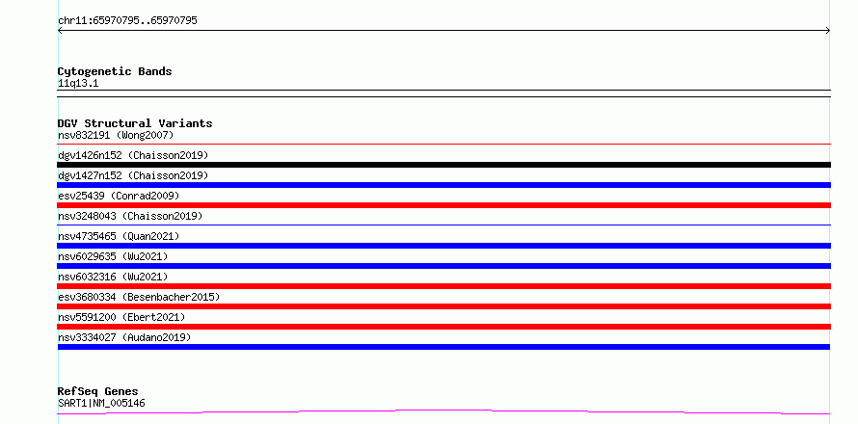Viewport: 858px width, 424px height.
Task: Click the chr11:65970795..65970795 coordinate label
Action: (127, 21)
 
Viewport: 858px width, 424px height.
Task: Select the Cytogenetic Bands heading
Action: (115, 71)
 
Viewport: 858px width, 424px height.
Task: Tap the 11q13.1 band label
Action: (78, 84)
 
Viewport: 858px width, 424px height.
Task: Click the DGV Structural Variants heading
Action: (135, 123)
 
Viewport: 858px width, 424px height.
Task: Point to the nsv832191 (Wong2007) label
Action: (116, 135)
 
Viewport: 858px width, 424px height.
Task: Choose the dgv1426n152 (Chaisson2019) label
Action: (133, 155)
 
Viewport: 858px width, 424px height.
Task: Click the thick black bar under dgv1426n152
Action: (443, 165)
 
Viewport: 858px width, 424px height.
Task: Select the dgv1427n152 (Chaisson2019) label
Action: (133, 175)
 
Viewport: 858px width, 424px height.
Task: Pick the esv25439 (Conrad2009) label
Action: (119, 196)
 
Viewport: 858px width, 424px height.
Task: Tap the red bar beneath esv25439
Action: (443, 205)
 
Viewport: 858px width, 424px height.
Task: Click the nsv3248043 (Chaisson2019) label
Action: (130, 216)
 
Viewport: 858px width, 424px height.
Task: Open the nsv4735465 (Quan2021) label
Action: (119, 236)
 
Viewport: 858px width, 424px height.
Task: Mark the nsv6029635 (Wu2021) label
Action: (113, 256)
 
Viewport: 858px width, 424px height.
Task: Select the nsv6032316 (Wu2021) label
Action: (113, 277)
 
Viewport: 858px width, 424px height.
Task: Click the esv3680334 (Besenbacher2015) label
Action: (139, 297)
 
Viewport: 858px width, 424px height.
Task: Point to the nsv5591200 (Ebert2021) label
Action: (122, 317)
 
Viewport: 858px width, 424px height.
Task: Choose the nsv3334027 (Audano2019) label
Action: (124, 337)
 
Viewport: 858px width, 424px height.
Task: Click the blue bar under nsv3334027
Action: (443, 347)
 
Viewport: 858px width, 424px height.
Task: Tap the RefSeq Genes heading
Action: (98, 391)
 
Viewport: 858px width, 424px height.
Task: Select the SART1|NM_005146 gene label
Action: (102, 404)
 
